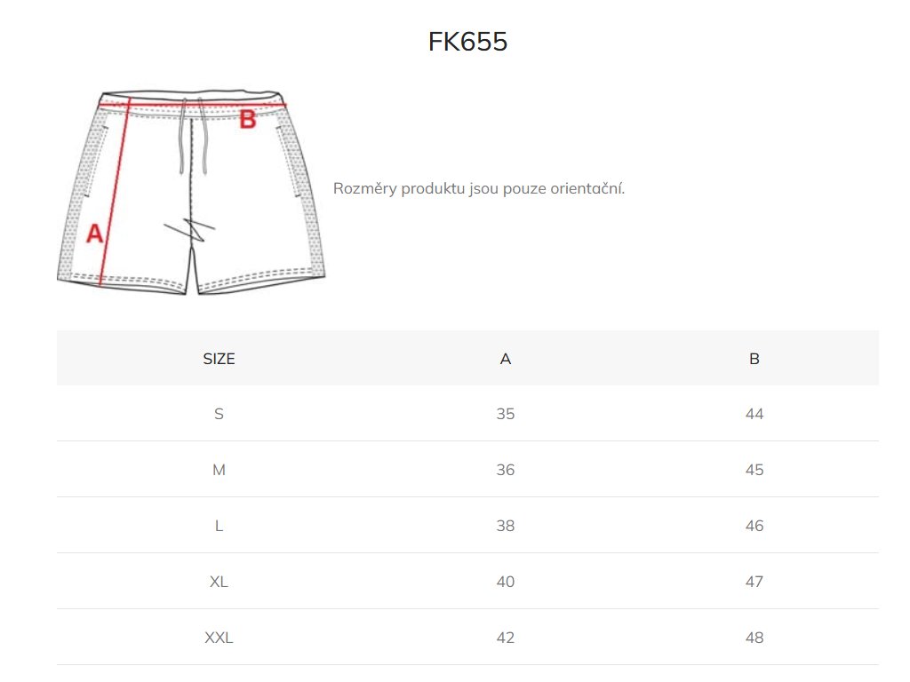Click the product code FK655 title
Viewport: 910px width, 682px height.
pyautogui.click(x=467, y=42)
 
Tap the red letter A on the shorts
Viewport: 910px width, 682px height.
pyautogui.click(x=94, y=234)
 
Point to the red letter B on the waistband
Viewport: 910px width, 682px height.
pyautogui.click(x=248, y=119)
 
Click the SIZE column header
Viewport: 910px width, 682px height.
pyautogui.click(x=219, y=359)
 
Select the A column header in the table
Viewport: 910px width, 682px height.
pyautogui.click(x=506, y=359)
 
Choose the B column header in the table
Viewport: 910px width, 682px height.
pyautogui.click(x=754, y=359)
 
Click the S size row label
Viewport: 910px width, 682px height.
pyautogui.click(x=219, y=414)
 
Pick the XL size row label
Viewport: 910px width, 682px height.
pyautogui.click(x=219, y=582)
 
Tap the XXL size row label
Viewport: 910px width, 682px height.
pyautogui.click(x=219, y=638)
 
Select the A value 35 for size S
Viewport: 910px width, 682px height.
pyautogui.click(x=506, y=414)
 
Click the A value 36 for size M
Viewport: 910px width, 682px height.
pyautogui.click(x=506, y=470)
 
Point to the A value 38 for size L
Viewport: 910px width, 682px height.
pyautogui.click(x=506, y=526)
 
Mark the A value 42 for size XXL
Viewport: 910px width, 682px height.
pyautogui.click(x=506, y=638)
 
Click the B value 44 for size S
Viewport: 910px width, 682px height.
pyautogui.click(x=754, y=414)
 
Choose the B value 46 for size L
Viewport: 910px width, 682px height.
pyautogui.click(x=754, y=526)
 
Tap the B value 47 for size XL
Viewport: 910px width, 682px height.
pyautogui.click(x=754, y=582)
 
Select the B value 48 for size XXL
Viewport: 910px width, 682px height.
pyautogui.click(x=754, y=638)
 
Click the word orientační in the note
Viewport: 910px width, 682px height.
pyautogui.click(x=587, y=188)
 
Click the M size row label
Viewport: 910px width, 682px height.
pyautogui.click(x=219, y=470)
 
